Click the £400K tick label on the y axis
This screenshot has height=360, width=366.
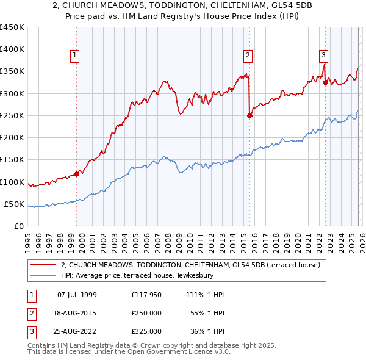point(12,49)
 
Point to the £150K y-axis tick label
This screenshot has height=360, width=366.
point(12,160)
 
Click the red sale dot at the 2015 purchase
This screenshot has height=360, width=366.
point(250,115)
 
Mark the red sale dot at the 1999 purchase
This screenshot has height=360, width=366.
point(76,174)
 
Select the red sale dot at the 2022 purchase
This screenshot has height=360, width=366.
point(325,82)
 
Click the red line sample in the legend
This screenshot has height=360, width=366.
point(43,265)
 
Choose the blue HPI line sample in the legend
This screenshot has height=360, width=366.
point(43,275)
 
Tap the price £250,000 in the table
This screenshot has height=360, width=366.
point(146,313)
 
